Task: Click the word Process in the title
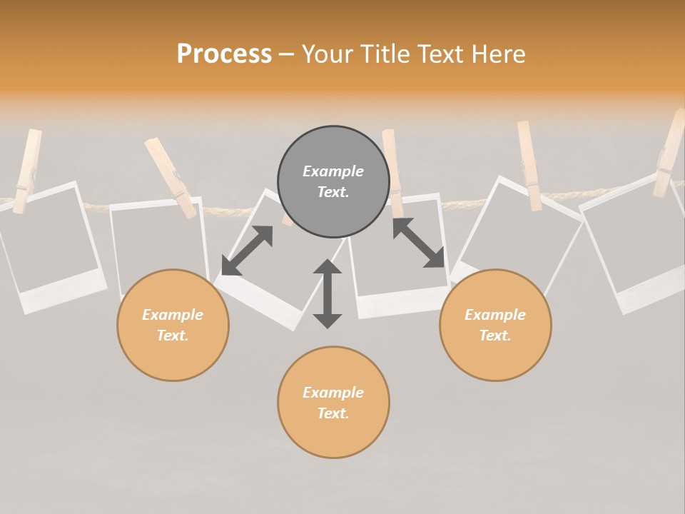[224, 54]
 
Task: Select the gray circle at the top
[333, 181]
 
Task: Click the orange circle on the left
[173, 325]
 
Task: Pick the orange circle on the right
[495, 325]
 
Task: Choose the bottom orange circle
[333, 402]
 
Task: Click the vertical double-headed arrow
[328, 293]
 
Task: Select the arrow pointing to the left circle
[247, 250]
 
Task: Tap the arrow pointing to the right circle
[419, 243]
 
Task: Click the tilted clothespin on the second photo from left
[171, 177]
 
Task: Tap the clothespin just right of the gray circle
[392, 171]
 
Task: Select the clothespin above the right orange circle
[529, 164]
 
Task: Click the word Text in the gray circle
[333, 192]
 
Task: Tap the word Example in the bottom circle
[333, 392]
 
